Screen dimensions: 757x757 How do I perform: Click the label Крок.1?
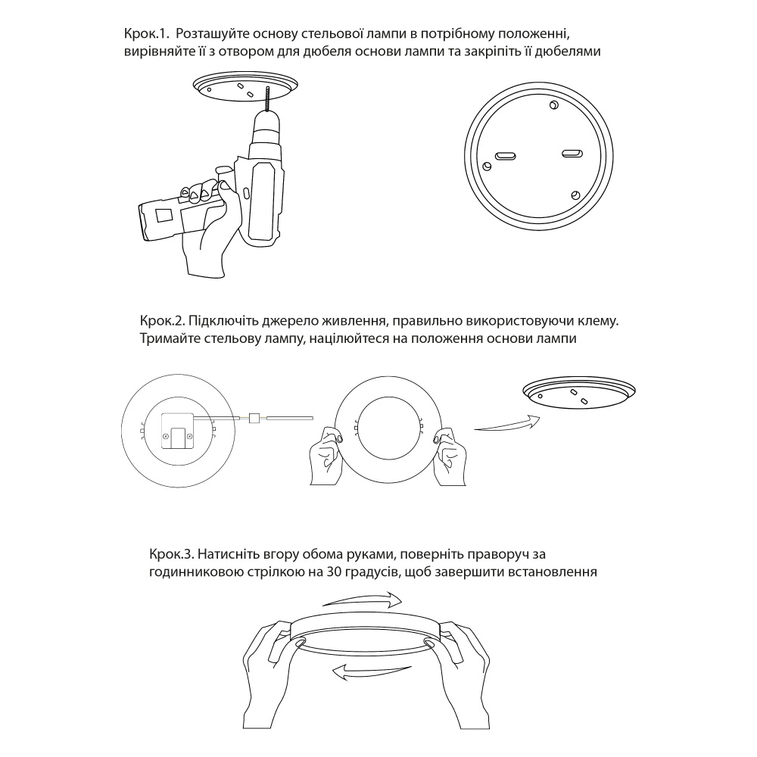click(145, 34)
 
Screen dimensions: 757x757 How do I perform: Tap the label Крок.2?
click(161, 321)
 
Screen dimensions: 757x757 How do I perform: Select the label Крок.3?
click(171, 554)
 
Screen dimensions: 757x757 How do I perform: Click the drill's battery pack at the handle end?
click(159, 220)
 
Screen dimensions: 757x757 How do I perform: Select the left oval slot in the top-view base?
click(506, 155)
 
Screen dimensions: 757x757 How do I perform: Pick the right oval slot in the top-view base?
click(572, 154)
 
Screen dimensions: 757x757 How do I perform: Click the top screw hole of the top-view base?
click(554, 104)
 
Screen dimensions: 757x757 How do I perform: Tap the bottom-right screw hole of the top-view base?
click(575, 195)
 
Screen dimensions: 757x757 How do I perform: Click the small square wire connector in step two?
click(254, 418)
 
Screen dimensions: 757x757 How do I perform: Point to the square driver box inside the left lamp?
click(176, 431)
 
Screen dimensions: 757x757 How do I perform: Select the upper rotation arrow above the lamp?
click(362, 600)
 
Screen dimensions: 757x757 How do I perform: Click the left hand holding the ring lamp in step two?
click(327, 456)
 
